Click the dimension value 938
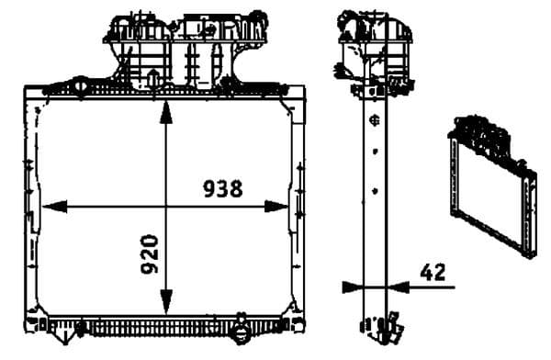point(222,188)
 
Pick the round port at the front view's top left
point(79,88)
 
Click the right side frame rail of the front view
point(298,207)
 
